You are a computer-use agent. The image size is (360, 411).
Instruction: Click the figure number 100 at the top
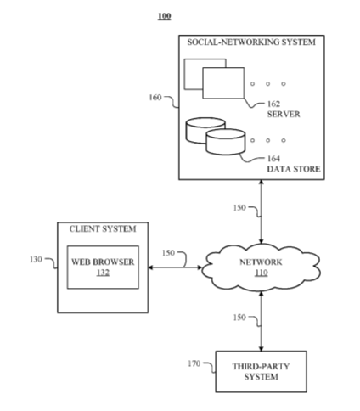tap(165, 16)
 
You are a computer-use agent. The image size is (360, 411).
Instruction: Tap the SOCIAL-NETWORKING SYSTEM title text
tap(251, 42)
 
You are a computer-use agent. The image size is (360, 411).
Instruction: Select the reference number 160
tap(155, 98)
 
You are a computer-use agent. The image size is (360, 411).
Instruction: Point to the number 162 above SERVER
tap(273, 104)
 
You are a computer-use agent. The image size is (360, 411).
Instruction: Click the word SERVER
tap(284, 114)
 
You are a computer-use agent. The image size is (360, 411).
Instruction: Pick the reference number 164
tap(273, 159)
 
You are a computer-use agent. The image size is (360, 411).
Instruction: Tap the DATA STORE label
tap(294, 169)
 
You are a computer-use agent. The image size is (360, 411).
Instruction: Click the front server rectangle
tap(223, 83)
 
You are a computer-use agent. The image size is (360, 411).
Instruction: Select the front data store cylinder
tap(226, 142)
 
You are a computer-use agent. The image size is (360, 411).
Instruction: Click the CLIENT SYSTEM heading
tap(103, 228)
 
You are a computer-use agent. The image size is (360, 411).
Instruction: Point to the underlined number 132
tap(103, 273)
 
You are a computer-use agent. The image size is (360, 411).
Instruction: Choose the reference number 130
tap(36, 259)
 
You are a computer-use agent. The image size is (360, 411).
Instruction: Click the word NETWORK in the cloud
tap(261, 262)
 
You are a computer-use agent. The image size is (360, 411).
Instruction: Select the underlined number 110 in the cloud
tap(262, 273)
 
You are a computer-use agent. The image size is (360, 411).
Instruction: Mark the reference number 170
tap(194, 363)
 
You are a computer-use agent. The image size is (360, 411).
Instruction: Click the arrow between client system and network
tap(175, 267)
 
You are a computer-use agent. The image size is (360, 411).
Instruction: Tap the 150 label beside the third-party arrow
tap(239, 318)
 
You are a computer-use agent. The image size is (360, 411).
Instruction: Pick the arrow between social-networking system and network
tap(262, 211)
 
